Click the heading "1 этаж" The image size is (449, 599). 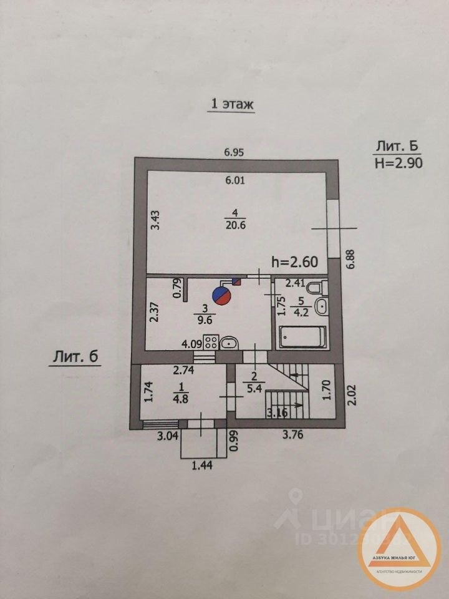click(231, 104)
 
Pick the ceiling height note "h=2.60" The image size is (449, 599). click(296, 263)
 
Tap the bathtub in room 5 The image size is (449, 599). click(302, 337)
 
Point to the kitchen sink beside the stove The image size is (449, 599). click(228, 342)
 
